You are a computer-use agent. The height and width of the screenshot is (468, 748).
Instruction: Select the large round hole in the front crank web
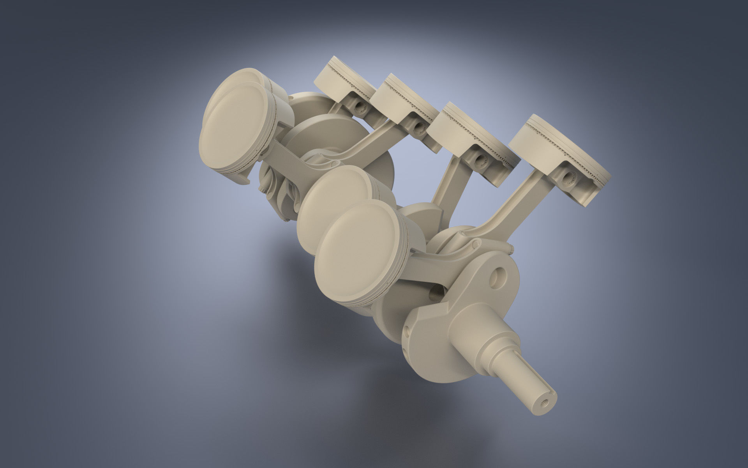[x=499, y=278]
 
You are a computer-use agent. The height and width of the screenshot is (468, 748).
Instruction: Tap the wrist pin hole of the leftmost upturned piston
[x=356, y=106]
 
